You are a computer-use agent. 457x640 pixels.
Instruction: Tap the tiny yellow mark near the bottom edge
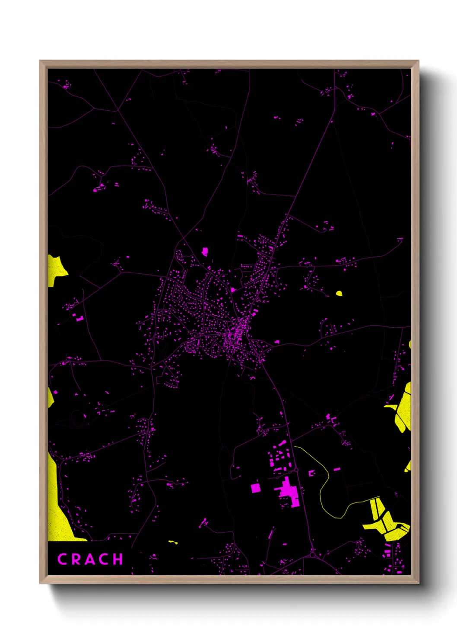click(x=173, y=542)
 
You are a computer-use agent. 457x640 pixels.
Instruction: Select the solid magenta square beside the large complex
click(x=256, y=488)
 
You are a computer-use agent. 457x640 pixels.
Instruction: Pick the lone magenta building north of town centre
click(x=205, y=251)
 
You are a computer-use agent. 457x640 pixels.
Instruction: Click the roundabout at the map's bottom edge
click(x=312, y=554)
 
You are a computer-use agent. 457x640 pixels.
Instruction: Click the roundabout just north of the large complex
click(x=296, y=469)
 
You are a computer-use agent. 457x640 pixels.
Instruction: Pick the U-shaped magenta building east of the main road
click(x=311, y=473)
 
